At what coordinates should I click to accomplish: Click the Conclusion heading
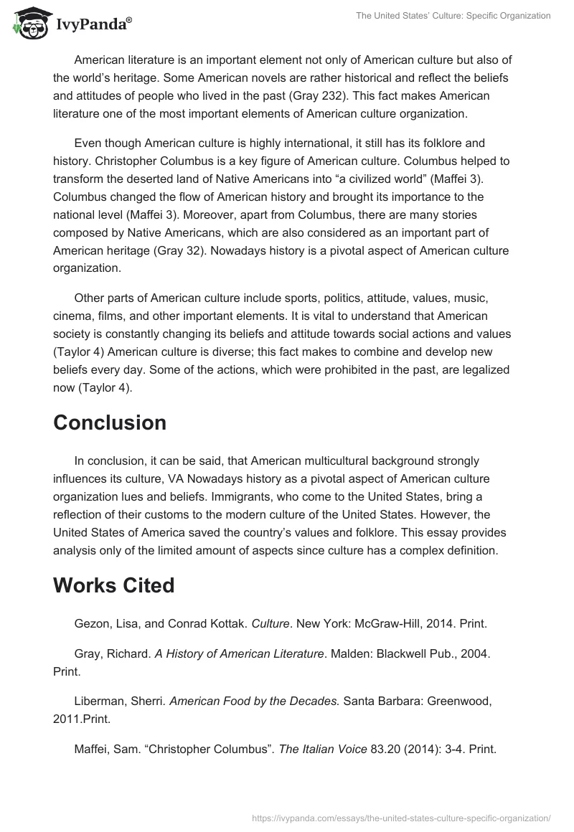coord(110,422)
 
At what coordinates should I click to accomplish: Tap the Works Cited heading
coord(113,585)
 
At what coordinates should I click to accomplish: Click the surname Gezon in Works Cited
coord(91,624)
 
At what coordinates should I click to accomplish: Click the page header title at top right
coord(453,16)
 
